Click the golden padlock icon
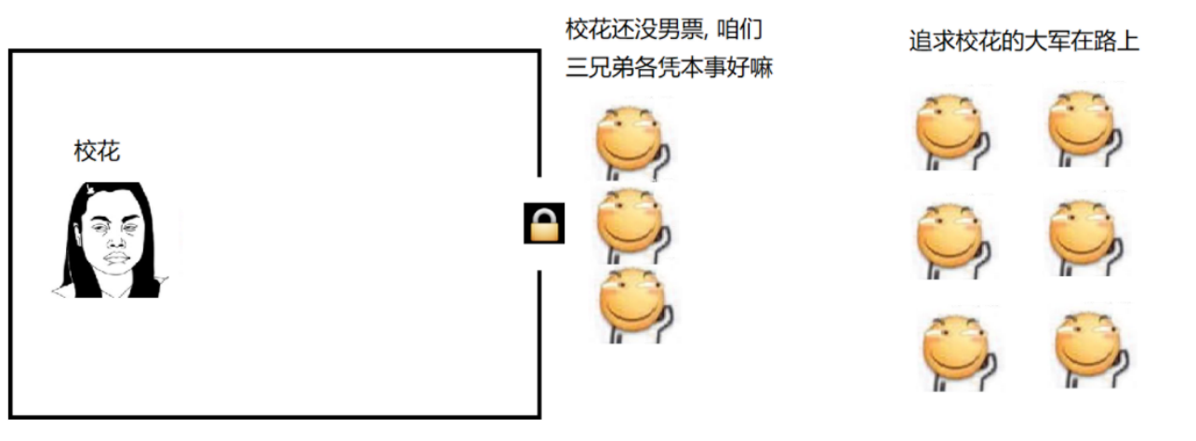(x=544, y=223)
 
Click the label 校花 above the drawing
(x=97, y=152)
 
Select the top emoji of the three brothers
(x=631, y=140)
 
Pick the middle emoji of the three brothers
(x=631, y=224)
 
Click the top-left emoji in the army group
(x=948, y=129)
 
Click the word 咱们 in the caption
(x=741, y=29)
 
